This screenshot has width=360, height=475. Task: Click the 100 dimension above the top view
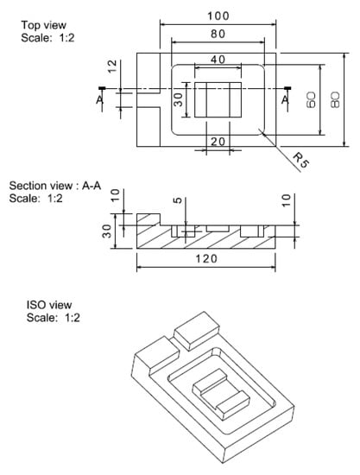(x=218, y=16)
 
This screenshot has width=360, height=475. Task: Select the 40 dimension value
(x=218, y=60)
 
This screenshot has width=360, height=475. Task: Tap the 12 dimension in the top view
(x=112, y=66)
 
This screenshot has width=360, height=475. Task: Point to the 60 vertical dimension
(x=312, y=100)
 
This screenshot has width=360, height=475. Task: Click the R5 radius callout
(x=301, y=160)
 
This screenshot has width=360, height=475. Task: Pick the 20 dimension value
(x=218, y=142)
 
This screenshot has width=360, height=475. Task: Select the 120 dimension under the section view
(x=206, y=259)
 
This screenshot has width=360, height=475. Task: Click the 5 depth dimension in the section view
(x=179, y=200)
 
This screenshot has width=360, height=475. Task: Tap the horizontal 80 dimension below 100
(x=218, y=34)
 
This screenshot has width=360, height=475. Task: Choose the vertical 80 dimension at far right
(x=335, y=100)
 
